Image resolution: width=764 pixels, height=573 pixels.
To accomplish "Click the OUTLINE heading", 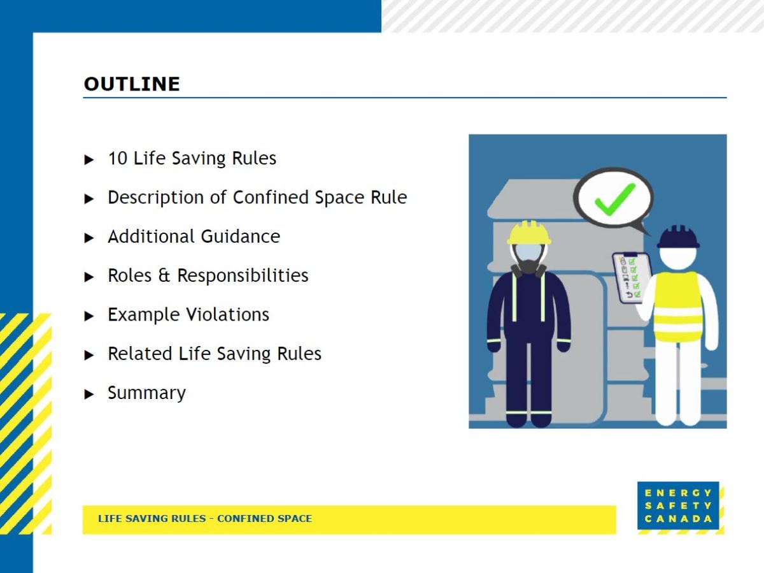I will coord(132,84).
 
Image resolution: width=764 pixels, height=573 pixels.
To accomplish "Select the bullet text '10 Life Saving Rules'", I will coord(192,158).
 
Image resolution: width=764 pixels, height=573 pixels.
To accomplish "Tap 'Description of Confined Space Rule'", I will coord(257,198).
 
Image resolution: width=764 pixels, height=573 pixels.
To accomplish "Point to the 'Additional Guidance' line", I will coord(194,236).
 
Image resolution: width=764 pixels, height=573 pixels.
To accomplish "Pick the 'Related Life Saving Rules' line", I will coord(214,354).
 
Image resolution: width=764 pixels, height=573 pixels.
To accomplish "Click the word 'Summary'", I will coord(146,393).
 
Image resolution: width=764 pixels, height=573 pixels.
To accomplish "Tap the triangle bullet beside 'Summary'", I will coord(89,394).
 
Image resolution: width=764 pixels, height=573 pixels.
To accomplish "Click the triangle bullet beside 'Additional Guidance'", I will coord(89,238).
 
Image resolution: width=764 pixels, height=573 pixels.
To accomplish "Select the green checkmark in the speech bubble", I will coord(614,198).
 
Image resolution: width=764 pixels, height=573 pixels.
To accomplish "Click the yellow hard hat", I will coord(529,233).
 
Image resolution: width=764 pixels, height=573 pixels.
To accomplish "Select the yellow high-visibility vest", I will coord(677,306).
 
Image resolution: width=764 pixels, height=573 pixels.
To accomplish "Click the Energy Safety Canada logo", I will coord(678,505).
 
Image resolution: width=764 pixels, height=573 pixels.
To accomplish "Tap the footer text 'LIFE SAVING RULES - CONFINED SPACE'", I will coord(205,519).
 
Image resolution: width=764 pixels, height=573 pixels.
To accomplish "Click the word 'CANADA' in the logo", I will coord(678,519).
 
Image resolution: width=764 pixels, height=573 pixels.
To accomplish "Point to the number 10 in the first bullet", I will coord(117,158).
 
